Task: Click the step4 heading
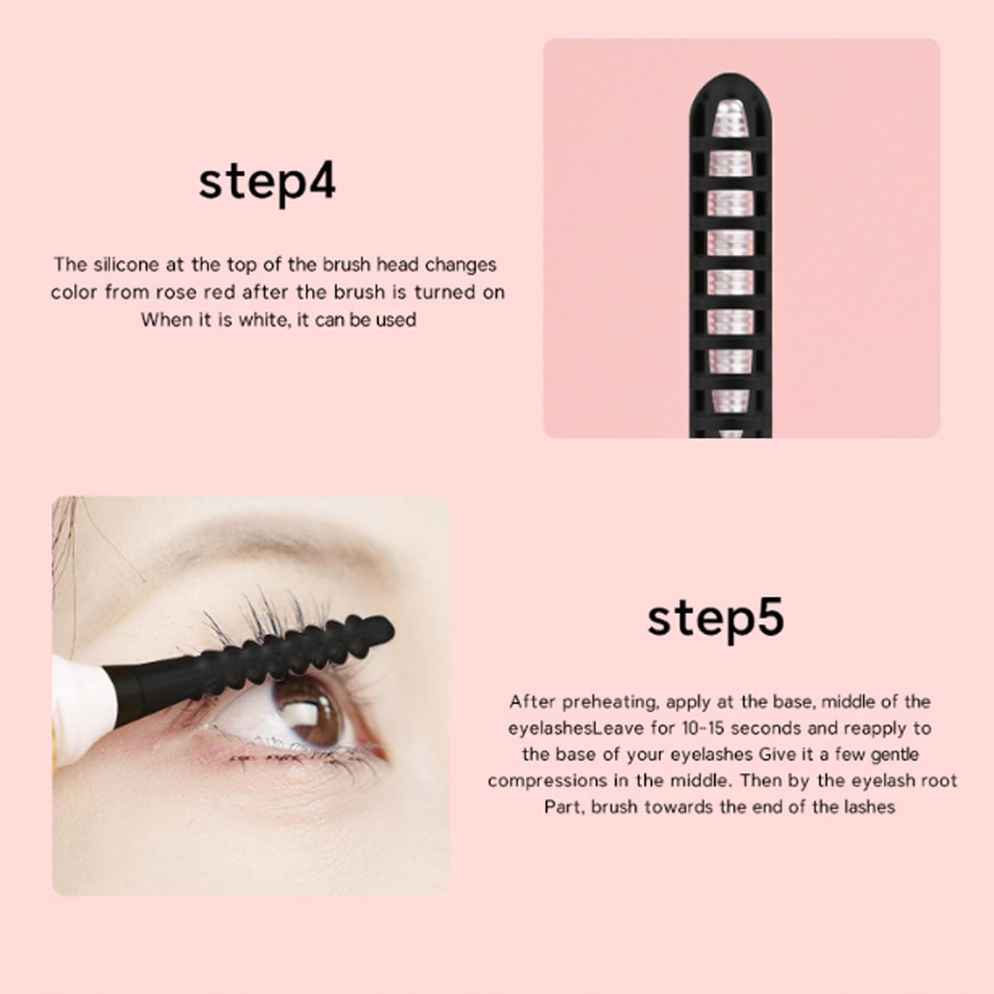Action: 267,182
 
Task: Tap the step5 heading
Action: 715,618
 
